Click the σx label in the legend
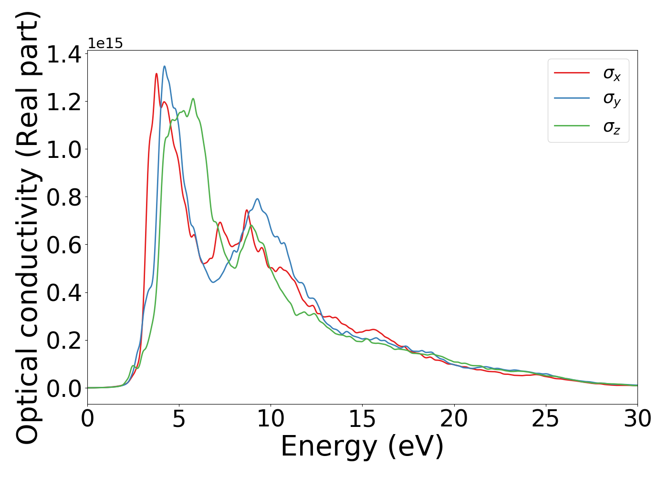pyautogui.click(x=612, y=74)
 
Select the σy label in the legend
pyautogui.click(x=612, y=100)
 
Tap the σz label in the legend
pyautogui.click(x=612, y=127)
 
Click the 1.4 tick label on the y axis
pyautogui.click(x=64, y=54)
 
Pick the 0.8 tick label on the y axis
pyautogui.click(x=64, y=197)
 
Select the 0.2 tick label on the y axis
pyautogui.click(x=64, y=341)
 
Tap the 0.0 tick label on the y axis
pyautogui.click(x=64, y=388)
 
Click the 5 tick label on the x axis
pyautogui.click(x=179, y=419)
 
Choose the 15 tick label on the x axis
pyautogui.click(x=362, y=419)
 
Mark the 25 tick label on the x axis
pyautogui.click(x=545, y=419)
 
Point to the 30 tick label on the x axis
pyautogui.click(x=637, y=419)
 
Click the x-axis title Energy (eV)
pyautogui.click(x=362, y=447)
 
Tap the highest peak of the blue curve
pyautogui.click(x=165, y=66)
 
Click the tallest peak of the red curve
pyautogui.click(x=157, y=73)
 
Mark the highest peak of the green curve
pyautogui.click(x=193, y=99)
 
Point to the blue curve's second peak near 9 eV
pyautogui.click(x=257, y=199)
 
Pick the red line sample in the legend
pyautogui.click(x=572, y=73)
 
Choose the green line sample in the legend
pyautogui.click(x=572, y=125)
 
